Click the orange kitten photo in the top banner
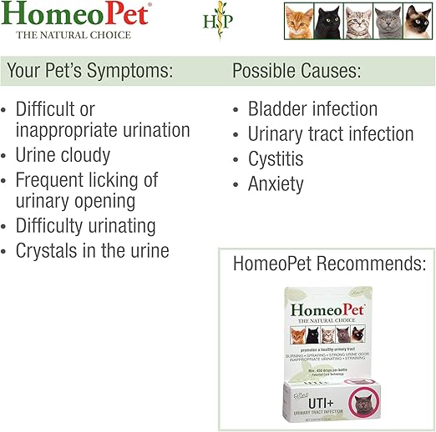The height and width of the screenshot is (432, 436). (x=299, y=22)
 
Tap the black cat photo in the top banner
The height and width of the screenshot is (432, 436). (x=329, y=22)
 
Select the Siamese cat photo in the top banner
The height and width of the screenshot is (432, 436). (x=417, y=22)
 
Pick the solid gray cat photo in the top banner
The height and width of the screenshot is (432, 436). (x=388, y=22)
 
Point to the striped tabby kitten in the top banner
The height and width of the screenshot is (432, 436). (x=358, y=22)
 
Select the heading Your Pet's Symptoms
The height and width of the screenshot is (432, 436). (x=89, y=71)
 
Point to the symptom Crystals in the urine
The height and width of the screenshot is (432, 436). (x=92, y=250)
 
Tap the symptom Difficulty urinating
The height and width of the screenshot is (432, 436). (x=85, y=225)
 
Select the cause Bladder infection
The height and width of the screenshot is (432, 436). (x=312, y=109)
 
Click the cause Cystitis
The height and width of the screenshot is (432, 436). (x=276, y=158)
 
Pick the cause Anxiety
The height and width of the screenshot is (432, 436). (x=276, y=183)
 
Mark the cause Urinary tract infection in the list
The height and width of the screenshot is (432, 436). (x=331, y=134)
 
